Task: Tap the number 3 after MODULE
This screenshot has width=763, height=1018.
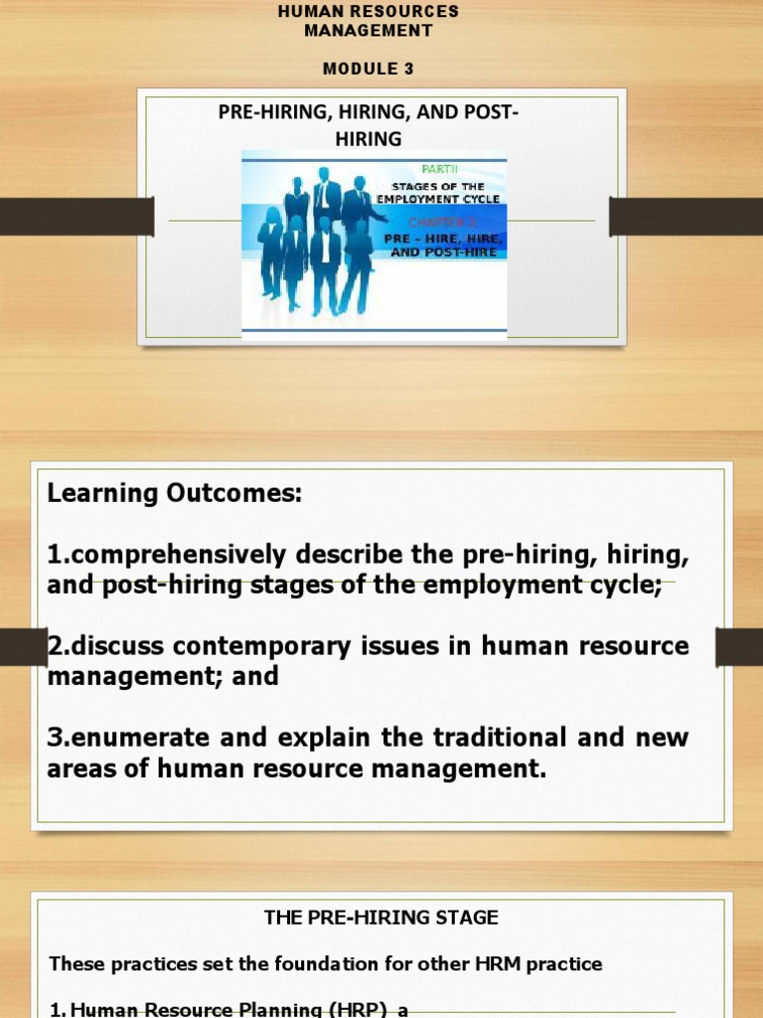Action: pos(408,69)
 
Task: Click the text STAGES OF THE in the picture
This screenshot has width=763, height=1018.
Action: pos(438,186)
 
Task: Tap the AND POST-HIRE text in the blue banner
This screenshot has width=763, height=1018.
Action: pos(442,253)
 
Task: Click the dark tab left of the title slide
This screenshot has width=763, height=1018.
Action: pos(76,217)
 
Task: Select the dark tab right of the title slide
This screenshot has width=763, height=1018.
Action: pos(686,217)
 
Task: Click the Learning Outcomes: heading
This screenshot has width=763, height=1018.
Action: pos(175,493)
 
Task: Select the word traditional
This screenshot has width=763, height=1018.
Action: pos(517,738)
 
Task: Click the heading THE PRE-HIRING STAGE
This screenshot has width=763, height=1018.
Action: pos(381,919)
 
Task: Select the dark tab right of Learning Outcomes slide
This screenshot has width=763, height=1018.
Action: pos(739,646)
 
